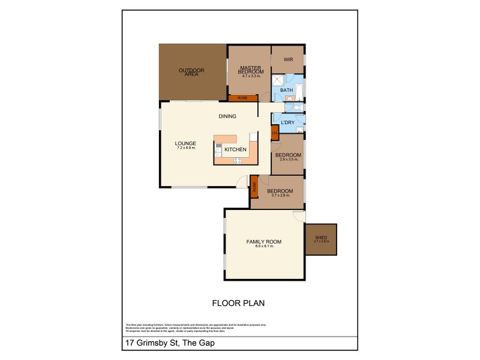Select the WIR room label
(287, 60)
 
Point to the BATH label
(287, 91)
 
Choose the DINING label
(227, 116)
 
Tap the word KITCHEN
(236, 149)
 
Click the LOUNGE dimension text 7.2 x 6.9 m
(187, 148)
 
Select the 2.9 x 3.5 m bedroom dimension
(288, 160)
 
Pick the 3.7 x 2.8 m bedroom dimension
(280, 196)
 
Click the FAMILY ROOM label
(264, 242)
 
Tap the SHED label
(321, 238)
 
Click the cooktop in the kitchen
(237, 160)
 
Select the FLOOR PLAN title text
(238, 303)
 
